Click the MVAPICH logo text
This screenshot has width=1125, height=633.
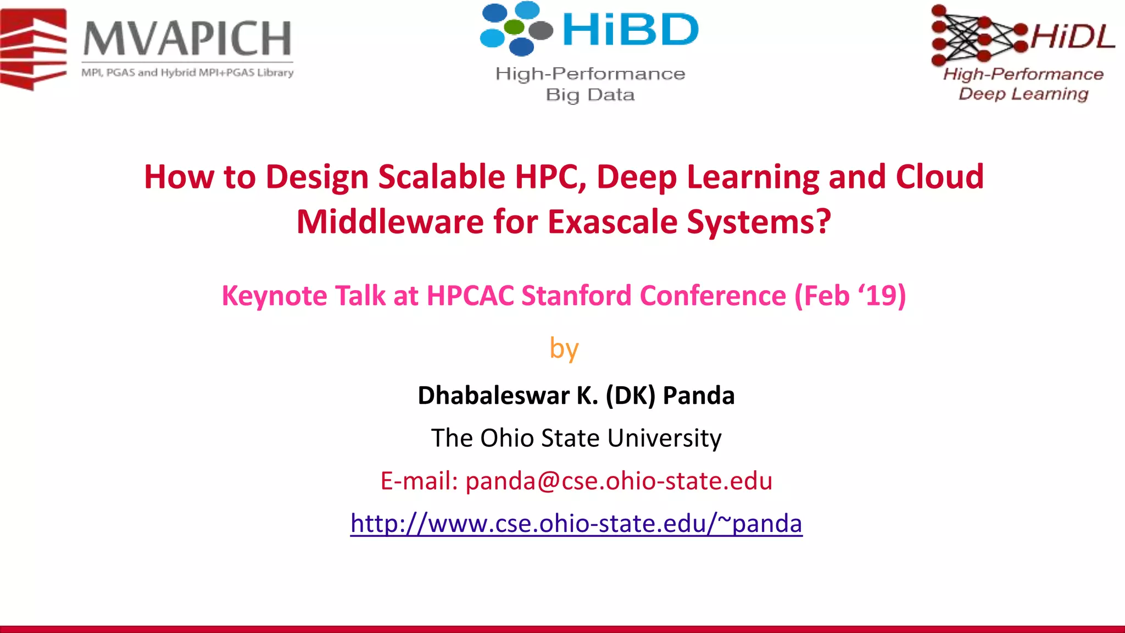[187, 38]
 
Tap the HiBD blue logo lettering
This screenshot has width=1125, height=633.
[630, 30]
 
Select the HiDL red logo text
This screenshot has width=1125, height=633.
[1072, 37]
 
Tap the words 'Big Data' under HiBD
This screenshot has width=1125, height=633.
[590, 95]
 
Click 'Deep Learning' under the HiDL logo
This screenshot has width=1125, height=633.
[1023, 94]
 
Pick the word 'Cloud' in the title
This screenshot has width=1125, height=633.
[939, 177]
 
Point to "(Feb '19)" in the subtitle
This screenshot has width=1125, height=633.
[850, 296]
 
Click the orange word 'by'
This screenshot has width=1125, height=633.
[564, 349]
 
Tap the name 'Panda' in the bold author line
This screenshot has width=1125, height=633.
[698, 396]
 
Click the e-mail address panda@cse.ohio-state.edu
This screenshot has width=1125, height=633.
[619, 481]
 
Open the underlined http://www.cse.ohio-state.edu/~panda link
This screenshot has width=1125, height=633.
[576, 524]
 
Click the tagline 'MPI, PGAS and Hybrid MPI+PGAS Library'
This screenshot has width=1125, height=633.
[187, 73]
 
